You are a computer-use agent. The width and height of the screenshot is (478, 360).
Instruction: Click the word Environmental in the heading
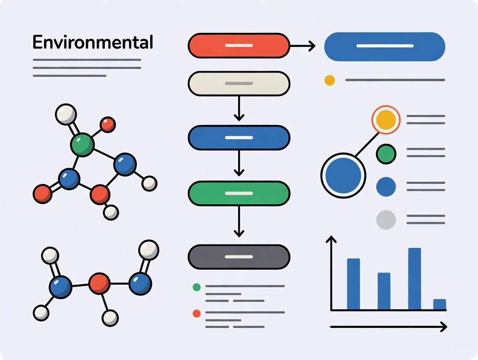coord(93,43)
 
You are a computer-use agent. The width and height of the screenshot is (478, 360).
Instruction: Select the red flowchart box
coord(239,45)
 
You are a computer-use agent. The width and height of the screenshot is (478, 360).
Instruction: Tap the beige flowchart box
coord(239,83)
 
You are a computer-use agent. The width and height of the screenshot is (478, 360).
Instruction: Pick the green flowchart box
coord(239,193)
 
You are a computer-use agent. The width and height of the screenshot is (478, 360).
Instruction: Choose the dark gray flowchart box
coord(239,257)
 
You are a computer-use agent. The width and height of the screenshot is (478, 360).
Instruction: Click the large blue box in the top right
coord(384,46)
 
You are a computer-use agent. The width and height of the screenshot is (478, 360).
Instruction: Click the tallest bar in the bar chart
coord(414,279)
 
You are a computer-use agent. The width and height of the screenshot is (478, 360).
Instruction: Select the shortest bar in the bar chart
coord(439,304)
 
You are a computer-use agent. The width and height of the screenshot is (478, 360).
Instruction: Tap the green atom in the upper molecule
coord(82,145)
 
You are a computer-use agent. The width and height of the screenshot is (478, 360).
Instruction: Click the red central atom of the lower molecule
coord(100,284)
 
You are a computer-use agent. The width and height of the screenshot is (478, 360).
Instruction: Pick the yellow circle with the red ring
coord(386,120)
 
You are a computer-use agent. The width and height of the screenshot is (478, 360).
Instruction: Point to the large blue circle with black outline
coord(343,175)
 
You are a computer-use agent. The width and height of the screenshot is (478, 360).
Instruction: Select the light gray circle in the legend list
coord(386,219)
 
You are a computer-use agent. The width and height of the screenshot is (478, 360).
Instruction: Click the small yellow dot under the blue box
coord(329,80)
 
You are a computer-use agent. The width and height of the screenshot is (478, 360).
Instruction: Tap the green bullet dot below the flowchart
coord(197,287)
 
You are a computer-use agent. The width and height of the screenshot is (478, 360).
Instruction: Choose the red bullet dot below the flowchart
coord(197,313)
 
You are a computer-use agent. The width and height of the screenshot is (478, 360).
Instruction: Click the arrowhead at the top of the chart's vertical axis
coord(331,239)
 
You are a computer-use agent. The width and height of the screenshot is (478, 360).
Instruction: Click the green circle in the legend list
coord(386,153)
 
